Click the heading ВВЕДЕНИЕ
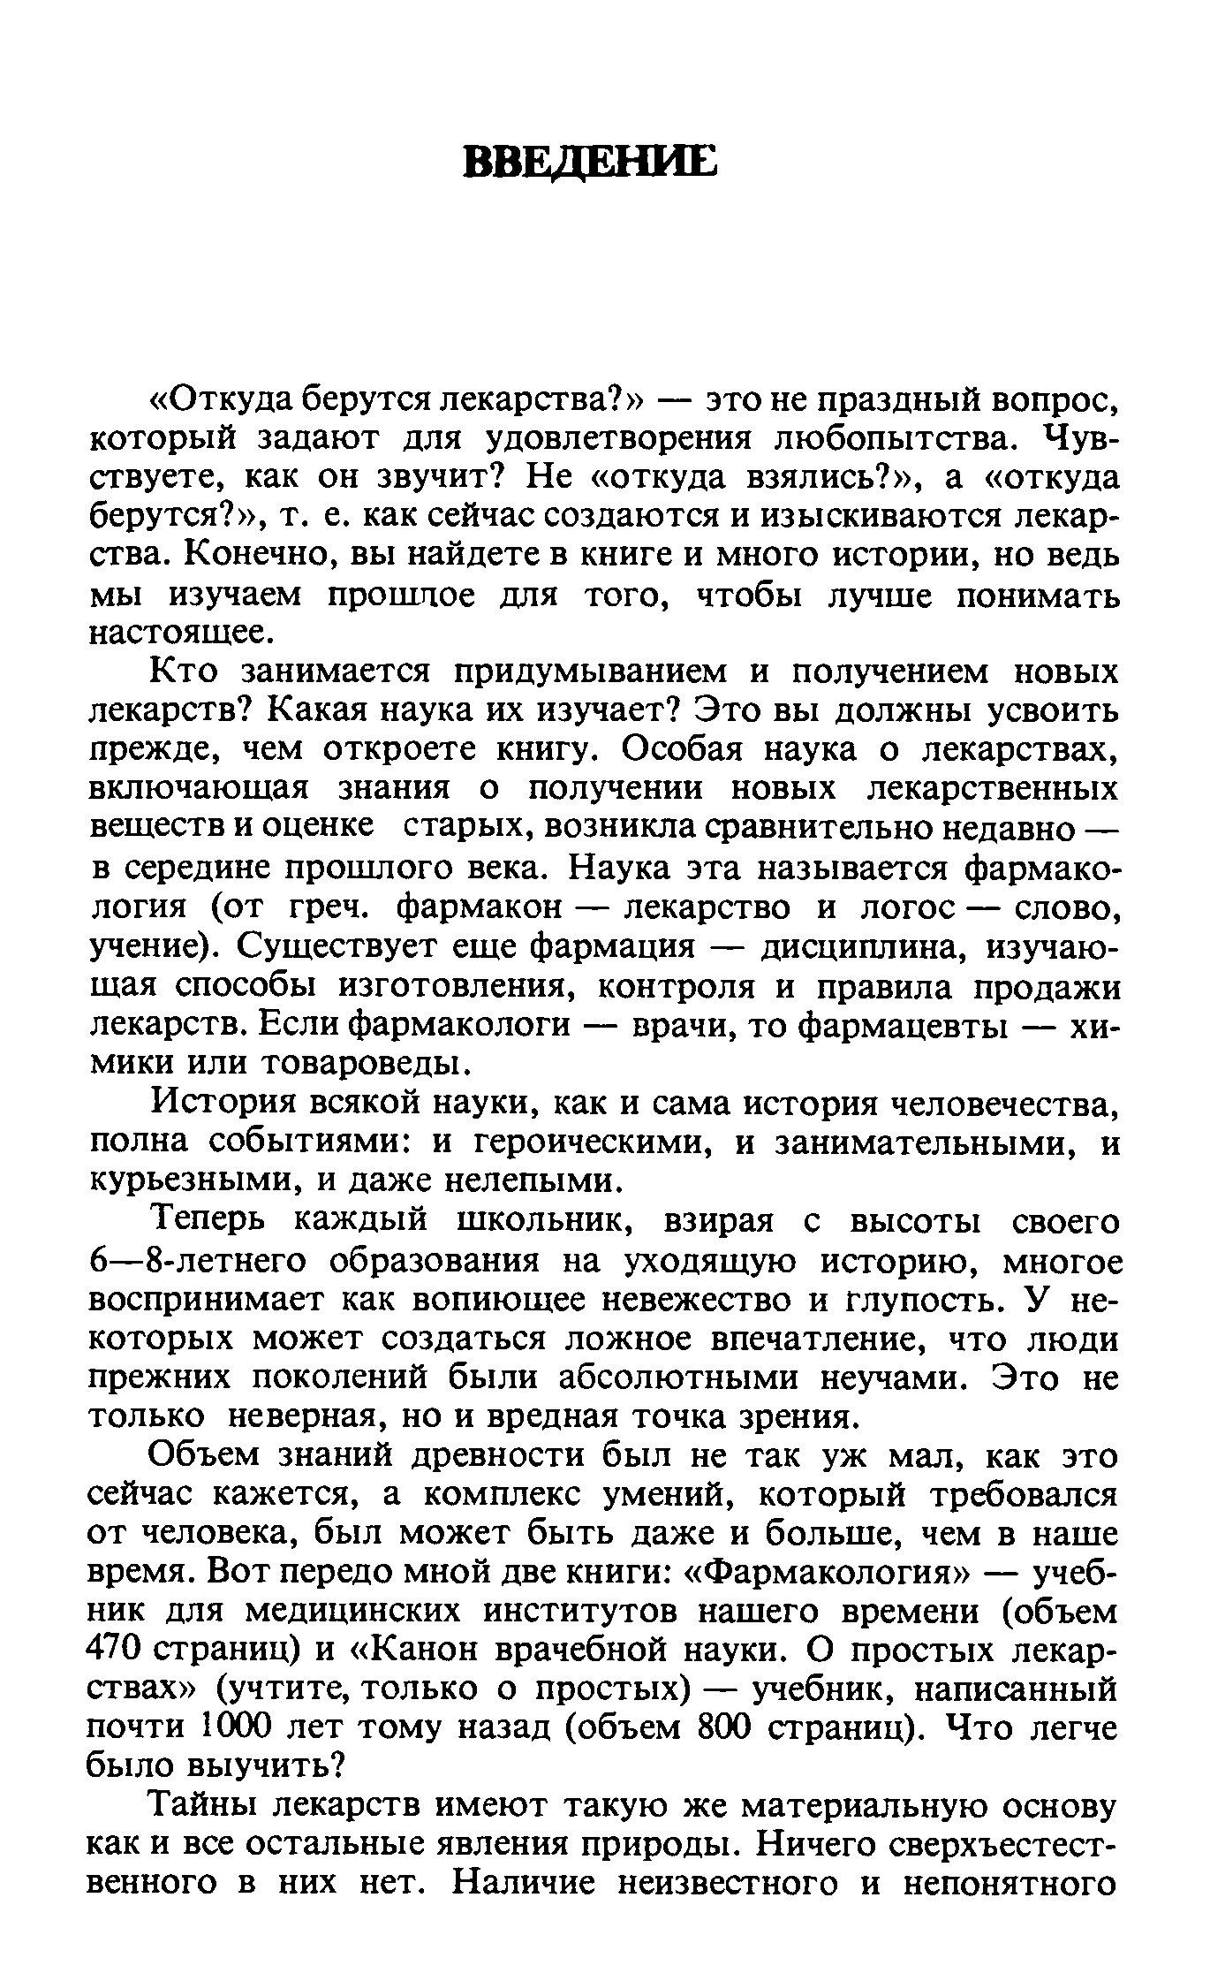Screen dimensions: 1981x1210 coord(590,163)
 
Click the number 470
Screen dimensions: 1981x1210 coord(117,1651)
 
